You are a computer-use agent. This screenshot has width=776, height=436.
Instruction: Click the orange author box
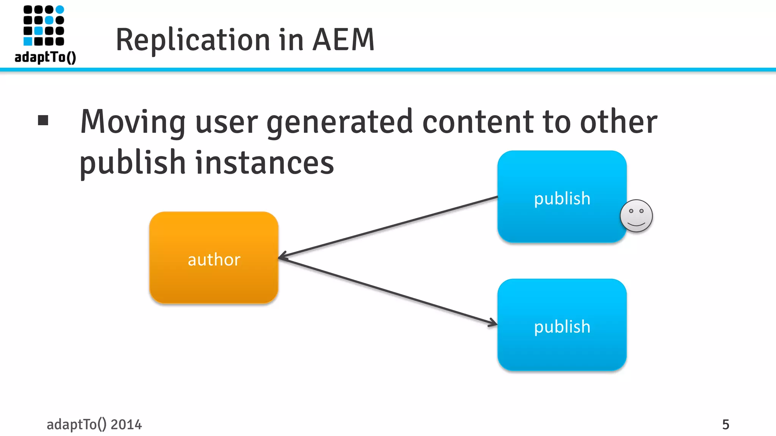pyautogui.click(x=214, y=257)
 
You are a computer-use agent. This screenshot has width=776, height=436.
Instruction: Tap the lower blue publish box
pyautogui.click(x=562, y=325)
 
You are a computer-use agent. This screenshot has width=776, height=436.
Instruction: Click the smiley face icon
pyautogui.click(x=636, y=216)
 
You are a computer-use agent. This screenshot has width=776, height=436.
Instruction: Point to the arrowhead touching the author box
pyautogui.click(x=282, y=257)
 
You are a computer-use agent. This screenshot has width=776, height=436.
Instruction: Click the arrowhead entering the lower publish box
pyautogui.click(x=493, y=323)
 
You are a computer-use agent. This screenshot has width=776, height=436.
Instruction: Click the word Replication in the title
pyautogui.click(x=193, y=40)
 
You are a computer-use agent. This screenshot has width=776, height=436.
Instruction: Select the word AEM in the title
pyautogui.click(x=343, y=40)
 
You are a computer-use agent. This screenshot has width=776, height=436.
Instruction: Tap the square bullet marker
pyautogui.click(x=43, y=120)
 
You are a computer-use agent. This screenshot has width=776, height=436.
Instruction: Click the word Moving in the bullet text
pyautogui.click(x=133, y=122)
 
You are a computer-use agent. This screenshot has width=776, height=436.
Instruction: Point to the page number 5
pyautogui.click(x=725, y=425)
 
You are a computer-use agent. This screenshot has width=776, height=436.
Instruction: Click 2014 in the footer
pyautogui.click(x=126, y=425)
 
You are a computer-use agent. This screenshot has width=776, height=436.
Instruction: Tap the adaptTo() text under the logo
pyautogui.click(x=45, y=58)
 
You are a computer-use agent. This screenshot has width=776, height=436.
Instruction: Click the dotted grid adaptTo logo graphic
pyautogui.click(x=44, y=25)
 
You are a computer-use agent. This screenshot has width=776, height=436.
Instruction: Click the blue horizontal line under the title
pyautogui.click(x=388, y=70)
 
